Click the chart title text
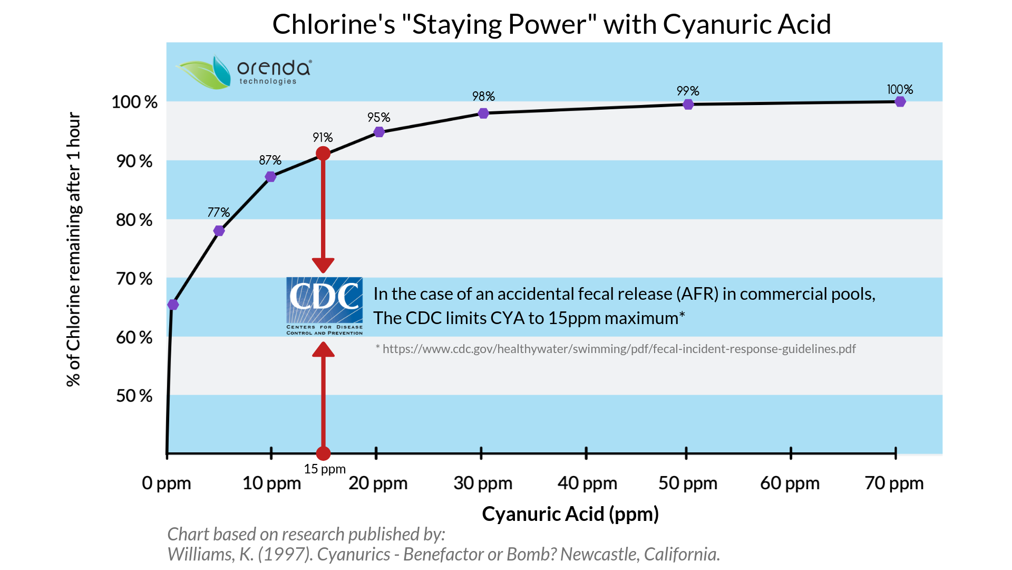(551, 24)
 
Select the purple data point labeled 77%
(219, 231)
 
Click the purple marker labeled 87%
(270, 176)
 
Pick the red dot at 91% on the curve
(323, 154)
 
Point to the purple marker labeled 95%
(379, 131)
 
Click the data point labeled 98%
(483, 113)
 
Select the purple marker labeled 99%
(688, 104)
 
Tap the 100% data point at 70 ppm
(900, 101)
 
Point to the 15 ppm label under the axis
(325, 469)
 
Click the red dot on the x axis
(323, 453)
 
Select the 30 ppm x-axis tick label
(483, 483)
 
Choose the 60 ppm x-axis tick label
(790, 483)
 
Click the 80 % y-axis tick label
(134, 220)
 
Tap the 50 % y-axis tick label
(134, 396)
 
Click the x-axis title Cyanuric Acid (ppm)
(570, 514)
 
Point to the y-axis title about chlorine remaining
(74, 249)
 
